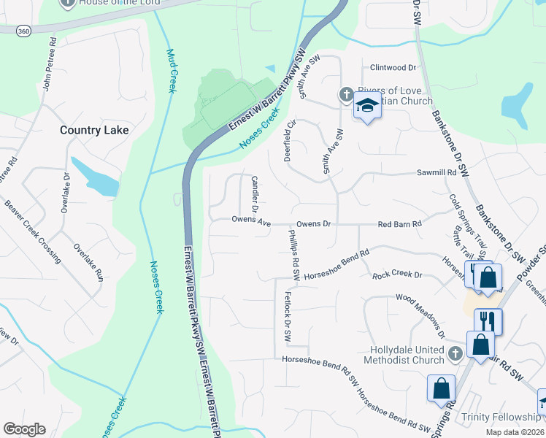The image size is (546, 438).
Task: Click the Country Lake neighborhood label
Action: pyautogui.click(x=94, y=130)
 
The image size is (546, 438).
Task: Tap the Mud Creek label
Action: pyautogui.click(x=172, y=71)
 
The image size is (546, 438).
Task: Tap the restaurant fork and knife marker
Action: pyautogui.click(x=488, y=320)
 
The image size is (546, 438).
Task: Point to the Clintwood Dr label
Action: pyautogui.click(x=393, y=68)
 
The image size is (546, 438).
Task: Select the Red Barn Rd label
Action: pyautogui.click(x=400, y=224)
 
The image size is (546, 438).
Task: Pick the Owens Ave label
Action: pyautogui.click(x=251, y=220)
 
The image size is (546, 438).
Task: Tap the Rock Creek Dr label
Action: pyautogui.click(x=398, y=275)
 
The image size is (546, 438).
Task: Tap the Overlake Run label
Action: pyautogui.click(x=88, y=263)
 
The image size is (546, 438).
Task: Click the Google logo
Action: pyautogui.click(x=25, y=429)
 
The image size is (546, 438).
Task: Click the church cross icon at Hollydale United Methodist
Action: pyautogui.click(x=455, y=354)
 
